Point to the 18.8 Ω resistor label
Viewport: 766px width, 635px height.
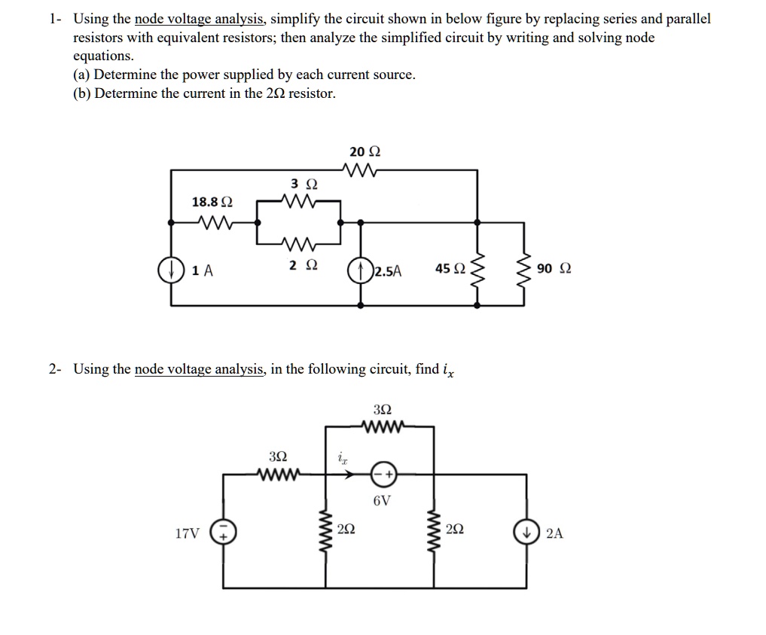click(212, 202)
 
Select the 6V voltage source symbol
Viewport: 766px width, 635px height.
click(383, 475)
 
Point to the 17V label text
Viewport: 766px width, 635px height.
click(188, 534)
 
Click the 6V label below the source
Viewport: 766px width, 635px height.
click(382, 501)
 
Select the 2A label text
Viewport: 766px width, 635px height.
click(554, 534)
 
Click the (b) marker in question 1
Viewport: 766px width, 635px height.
click(82, 93)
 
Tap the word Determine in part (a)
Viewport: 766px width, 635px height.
click(126, 75)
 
